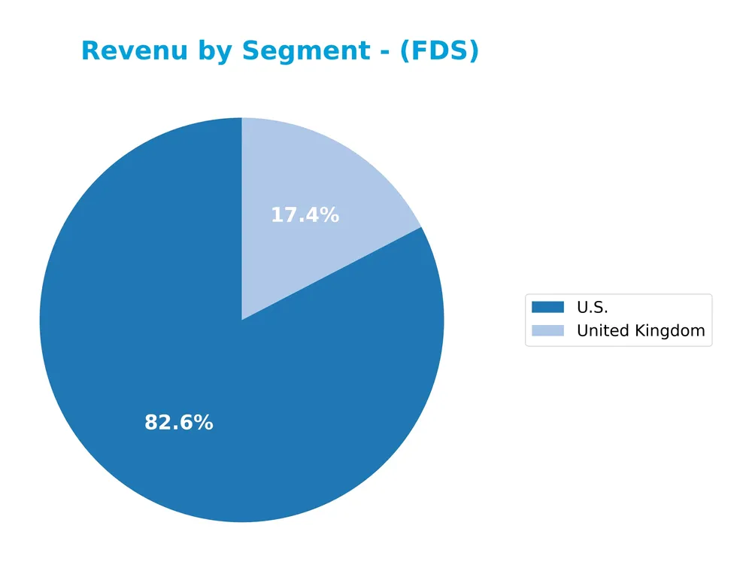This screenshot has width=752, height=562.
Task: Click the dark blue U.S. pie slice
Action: (150, 339)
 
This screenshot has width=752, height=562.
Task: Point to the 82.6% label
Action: (179, 423)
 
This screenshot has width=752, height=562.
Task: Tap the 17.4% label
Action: (305, 215)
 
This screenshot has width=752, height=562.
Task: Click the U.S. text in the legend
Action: (592, 307)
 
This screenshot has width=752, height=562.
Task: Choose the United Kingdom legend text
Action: (641, 330)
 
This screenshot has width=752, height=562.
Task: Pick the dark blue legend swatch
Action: (547, 307)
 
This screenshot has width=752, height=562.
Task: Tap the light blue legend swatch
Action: (547, 330)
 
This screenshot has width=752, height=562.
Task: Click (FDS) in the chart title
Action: (439, 51)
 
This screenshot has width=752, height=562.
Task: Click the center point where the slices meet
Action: (241, 320)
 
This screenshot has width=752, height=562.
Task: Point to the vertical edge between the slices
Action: (241, 218)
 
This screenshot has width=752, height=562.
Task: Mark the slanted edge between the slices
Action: (331, 274)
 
